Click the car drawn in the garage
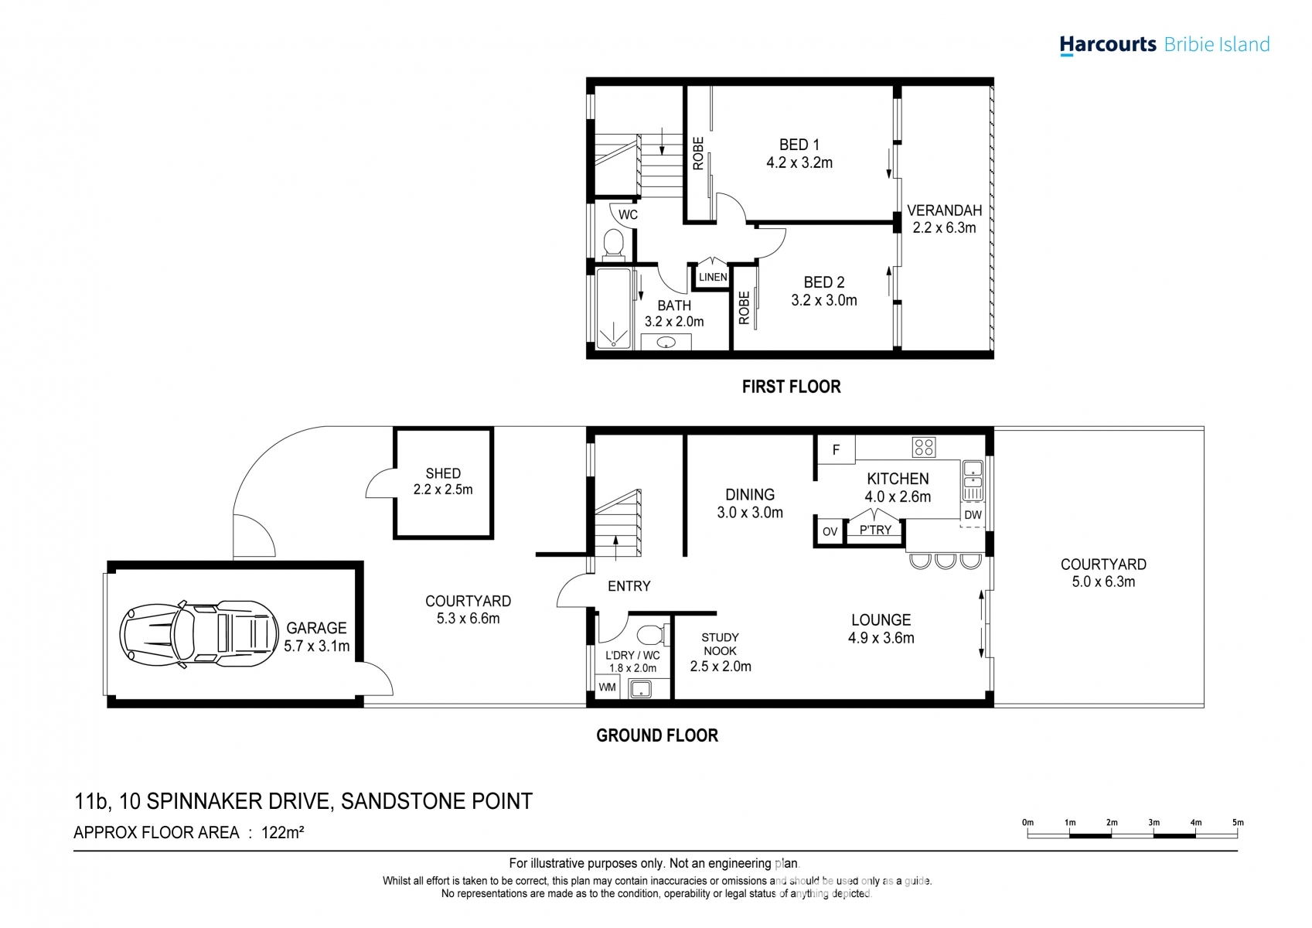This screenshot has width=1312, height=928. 199,634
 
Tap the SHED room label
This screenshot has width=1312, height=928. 443,473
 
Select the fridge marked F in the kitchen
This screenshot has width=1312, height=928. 836,450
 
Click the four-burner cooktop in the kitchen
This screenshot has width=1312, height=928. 924,448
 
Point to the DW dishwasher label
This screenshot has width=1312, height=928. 973,515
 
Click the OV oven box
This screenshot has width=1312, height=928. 830,532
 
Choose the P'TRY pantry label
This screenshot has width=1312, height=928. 875,531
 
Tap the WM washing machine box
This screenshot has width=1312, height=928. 608,687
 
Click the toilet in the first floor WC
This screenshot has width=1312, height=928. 614,243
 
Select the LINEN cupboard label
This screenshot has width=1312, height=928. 713,277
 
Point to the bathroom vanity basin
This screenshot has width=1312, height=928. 666,342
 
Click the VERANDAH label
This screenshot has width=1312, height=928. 944,210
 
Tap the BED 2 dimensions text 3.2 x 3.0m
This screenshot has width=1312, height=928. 824,301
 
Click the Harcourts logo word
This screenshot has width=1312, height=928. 1108,45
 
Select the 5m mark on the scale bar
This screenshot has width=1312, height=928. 1238,823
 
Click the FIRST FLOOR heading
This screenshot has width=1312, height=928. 792,387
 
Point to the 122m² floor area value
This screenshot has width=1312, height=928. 282,832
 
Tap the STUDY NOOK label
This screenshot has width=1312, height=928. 721,644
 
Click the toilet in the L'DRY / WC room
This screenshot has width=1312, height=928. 650,634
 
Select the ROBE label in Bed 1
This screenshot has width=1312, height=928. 698,153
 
